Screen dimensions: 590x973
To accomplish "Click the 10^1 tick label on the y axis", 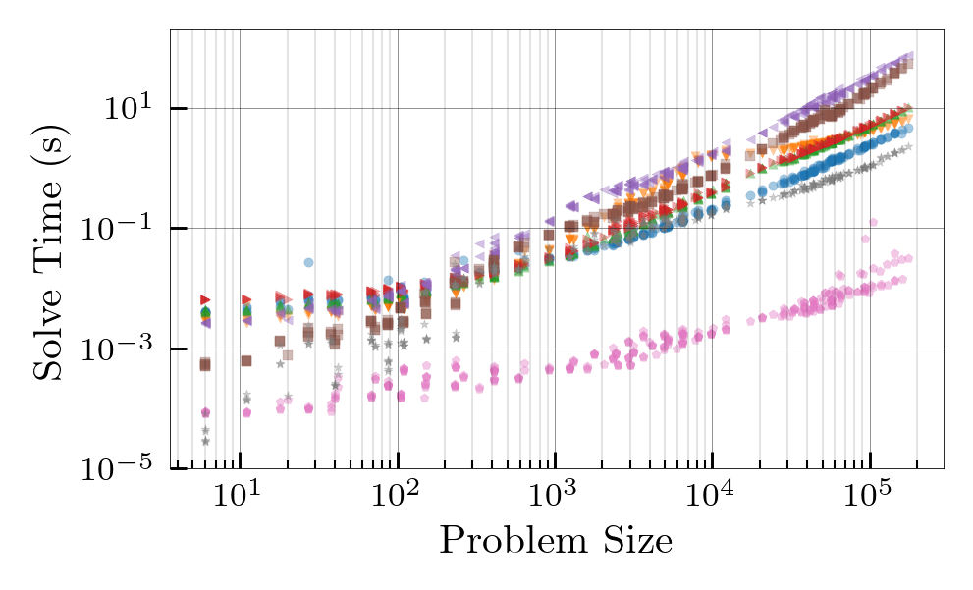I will click(131, 108).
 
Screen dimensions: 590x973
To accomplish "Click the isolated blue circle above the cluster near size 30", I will click(308, 263).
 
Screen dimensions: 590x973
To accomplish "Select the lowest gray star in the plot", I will click(205, 441).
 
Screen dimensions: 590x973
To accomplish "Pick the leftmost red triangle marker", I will click(205, 299).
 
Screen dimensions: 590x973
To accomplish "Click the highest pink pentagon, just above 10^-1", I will click(873, 222).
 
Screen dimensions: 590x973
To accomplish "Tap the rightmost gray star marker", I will click(908, 146).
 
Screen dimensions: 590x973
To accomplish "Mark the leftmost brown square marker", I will click(205, 364).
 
